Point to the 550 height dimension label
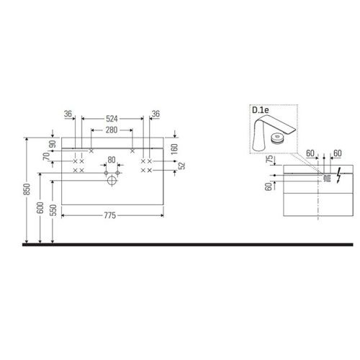[x=53, y=212]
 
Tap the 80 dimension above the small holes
[x=111, y=160]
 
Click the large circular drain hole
[x=112, y=181]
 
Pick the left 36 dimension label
[x=68, y=114]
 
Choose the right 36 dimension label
[x=155, y=114]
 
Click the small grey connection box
[x=325, y=176]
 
